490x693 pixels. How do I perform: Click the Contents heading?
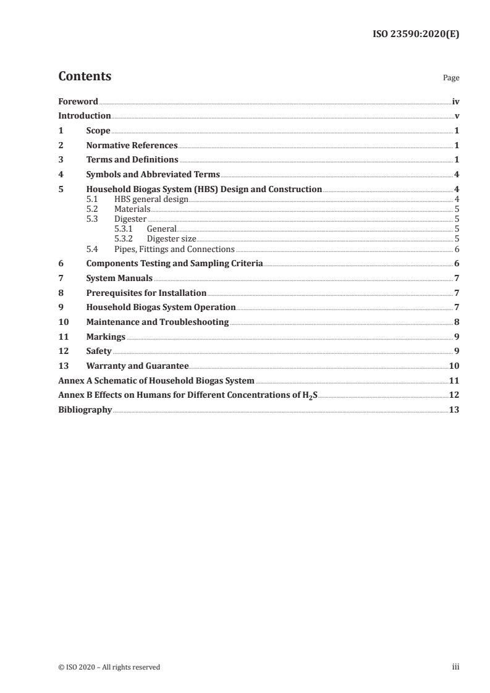(85, 77)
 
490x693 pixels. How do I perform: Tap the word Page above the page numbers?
(450, 78)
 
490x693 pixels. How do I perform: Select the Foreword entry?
(78, 101)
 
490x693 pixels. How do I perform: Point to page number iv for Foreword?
(455, 101)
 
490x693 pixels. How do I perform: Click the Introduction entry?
(85, 116)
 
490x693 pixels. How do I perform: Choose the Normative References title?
(132, 146)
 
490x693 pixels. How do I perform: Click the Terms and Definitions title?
(132, 160)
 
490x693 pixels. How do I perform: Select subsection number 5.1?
(91, 199)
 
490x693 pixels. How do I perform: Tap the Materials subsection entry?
(132, 209)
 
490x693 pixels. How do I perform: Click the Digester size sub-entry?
(171, 239)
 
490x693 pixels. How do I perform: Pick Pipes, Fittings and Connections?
(174, 249)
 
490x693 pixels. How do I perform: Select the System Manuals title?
(119, 279)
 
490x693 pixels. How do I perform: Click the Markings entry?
(106, 337)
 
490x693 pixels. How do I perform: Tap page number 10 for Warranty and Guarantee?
(454, 366)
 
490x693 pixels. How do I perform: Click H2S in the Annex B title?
(310, 395)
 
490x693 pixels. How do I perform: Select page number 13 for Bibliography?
(454, 409)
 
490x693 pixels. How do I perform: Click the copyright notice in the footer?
(109, 667)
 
